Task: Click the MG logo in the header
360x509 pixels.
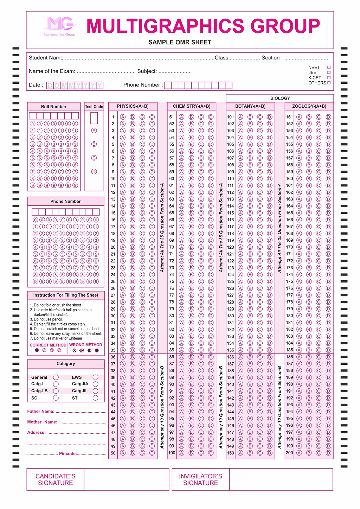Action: (59, 25)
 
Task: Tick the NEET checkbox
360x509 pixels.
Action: (329, 67)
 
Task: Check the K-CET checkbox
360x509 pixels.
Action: (329, 78)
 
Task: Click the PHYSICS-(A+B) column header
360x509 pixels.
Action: (133, 106)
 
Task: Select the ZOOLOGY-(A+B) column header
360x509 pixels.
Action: (309, 106)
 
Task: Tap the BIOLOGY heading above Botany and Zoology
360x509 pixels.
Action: (280, 98)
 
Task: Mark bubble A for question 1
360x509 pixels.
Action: (123, 117)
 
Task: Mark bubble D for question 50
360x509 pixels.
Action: (152, 453)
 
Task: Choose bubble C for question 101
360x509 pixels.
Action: (260, 117)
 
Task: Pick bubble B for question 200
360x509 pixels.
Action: (309, 453)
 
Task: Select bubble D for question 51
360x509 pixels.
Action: (211, 117)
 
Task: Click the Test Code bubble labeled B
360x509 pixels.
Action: (94, 144)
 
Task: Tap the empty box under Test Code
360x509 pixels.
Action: (94, 118)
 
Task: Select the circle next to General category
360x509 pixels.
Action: (56, 377)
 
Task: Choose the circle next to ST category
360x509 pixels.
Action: (95, 398)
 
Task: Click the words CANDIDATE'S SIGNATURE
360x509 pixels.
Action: (56, 479)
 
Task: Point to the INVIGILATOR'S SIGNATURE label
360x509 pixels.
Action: (200, 479)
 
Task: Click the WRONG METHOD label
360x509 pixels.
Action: (86, 345)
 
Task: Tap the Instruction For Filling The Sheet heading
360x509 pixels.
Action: (66, 295)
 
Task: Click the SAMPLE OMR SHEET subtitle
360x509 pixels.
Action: (180, 42)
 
